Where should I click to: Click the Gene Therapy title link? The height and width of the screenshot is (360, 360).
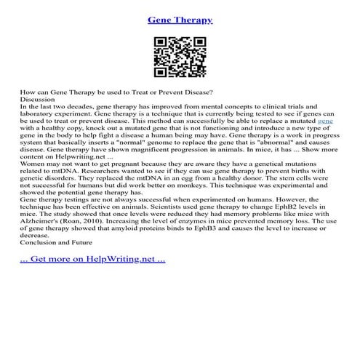[180, 20]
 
